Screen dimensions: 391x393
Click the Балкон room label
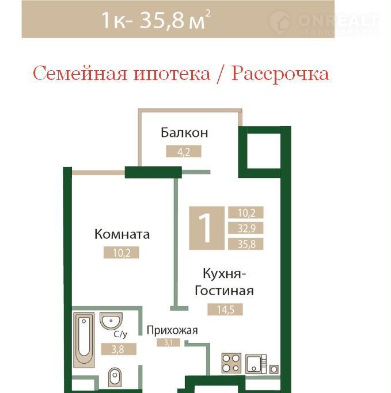tap(184, 132)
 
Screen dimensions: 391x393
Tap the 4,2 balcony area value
tap(184, 151)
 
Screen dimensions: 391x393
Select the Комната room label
tap(122, 234)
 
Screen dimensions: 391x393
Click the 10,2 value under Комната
tap(122, 253)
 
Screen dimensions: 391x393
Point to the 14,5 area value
tap(225, 310)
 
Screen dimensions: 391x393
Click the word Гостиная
tap(224, 291)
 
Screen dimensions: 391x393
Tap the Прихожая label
tap(172, 330)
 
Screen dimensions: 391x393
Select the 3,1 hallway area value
tap(168, 342)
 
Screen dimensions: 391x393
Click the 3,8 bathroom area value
tap(119, 349)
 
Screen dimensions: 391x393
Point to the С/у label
tap(120, 334)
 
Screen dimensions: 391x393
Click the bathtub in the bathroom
tap(83, 340)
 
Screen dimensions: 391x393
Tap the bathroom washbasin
tap(111, 320)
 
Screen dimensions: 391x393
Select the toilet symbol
tap(115, 377)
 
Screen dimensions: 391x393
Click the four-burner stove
tap(231, 363)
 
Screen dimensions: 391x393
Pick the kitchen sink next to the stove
tap(256, 364)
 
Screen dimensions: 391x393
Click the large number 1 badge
tap(207, 228)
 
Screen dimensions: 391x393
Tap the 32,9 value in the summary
tap(246, 228)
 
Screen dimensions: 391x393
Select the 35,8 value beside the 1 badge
tap(246, 244)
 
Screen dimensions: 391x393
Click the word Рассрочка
tap(280, 74)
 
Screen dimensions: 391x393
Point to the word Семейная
tap(80, 74)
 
